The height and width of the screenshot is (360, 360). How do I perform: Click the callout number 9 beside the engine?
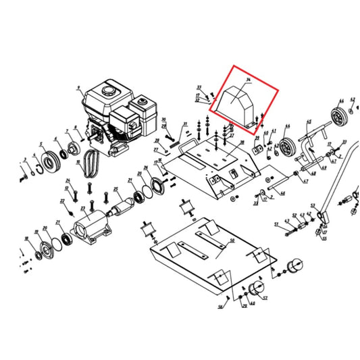(79, 87)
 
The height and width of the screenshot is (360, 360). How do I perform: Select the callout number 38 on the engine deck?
(241, 143)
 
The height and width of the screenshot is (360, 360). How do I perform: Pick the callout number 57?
(265, 297)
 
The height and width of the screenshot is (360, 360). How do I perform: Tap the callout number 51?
(276, 224)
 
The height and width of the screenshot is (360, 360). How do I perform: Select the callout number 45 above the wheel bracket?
(309, 122)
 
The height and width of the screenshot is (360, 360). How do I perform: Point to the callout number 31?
(184, 124)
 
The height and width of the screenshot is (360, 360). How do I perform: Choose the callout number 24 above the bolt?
(68, 180)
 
